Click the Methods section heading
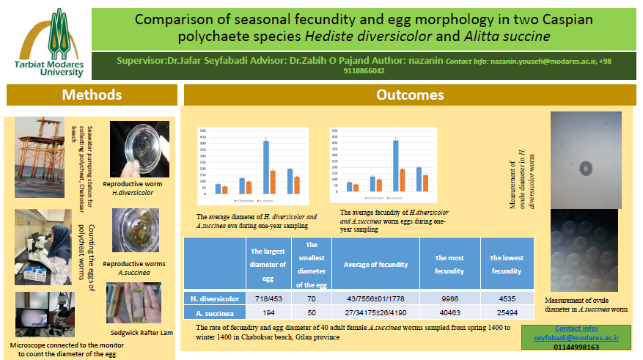tap(91, 95)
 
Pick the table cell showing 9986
tap(449, 299)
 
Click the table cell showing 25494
tap(506, 313)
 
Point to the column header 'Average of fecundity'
tap(375, 264)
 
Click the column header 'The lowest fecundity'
tap(506, 264)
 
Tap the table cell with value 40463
tap(449, 313)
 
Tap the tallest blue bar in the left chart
tap(266, 166)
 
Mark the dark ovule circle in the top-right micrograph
tap(585, 169)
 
